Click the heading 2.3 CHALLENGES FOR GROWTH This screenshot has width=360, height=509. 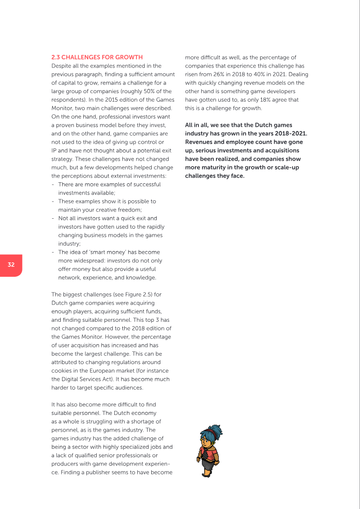[97, 57]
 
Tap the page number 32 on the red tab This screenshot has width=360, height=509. [11, 265]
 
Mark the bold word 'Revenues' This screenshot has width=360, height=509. [199, 142]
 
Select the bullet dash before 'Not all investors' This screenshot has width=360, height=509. [54, 218]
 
